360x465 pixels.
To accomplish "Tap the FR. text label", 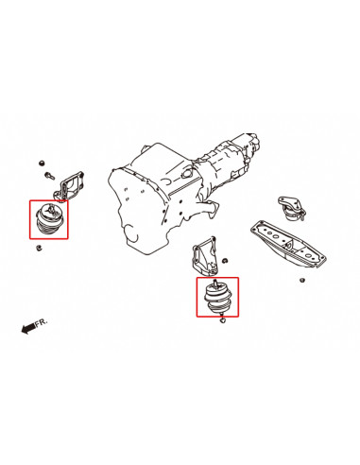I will point(42,322).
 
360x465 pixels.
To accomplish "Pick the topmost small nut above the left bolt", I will point(43,162).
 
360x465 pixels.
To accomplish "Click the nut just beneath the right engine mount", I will point(221,324).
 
